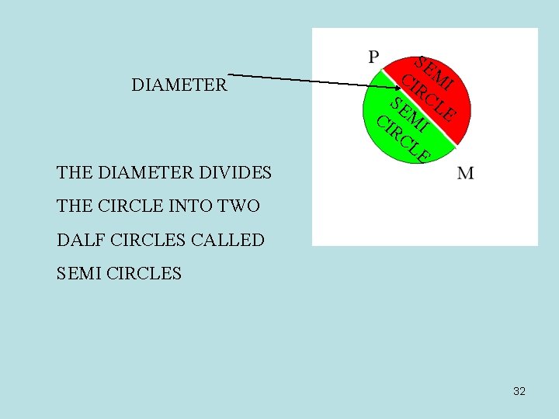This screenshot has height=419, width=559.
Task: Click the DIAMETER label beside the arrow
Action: coord(179,85)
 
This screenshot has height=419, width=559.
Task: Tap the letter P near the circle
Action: coord(373,57)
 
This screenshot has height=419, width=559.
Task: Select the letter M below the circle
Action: coord(465,173)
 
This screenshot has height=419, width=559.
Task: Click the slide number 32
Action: coord(519,391)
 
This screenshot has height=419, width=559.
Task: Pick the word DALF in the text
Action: coord(82,240)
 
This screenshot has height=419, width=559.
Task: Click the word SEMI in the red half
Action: coord(433,71)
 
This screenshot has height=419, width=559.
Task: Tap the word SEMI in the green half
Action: coord(409,115)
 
